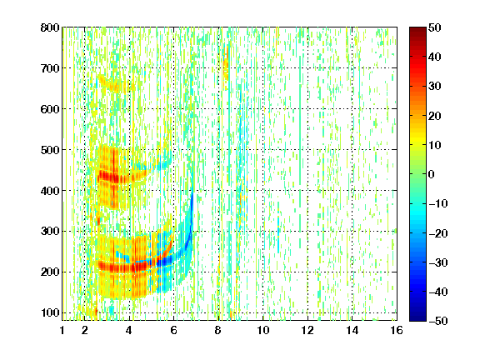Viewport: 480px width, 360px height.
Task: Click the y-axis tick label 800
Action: click(x=50, y=27)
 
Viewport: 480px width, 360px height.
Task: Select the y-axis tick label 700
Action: click(x=50, y=68)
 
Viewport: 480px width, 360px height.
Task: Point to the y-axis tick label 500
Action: click(x=50, y=150)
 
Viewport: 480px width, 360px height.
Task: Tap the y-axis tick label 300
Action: click(x=50, y=231)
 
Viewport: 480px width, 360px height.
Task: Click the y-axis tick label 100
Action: click(x=50, y=312)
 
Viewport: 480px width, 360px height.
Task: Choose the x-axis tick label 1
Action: click(x=62, y=330)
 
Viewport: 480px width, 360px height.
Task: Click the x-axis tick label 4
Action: click(x=129, y=330)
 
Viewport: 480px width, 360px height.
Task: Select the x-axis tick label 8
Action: click(x=218, y=330)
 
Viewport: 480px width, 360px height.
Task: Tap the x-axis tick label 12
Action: click(x=307, y=330)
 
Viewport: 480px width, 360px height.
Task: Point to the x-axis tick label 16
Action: click(x=396, y=330)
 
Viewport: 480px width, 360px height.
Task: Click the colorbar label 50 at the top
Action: click(x=434, y=27)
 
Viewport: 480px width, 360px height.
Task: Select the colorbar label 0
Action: click(x=432, y=174)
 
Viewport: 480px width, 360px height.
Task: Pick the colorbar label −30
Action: click(x=438, y=262)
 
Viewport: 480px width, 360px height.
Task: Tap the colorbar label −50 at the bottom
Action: click(x=438, y=321)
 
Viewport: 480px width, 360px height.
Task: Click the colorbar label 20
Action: click(x=434, y=116)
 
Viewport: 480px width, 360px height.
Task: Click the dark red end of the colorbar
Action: click(x=417, y=30)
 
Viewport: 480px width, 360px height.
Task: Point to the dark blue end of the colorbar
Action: click(x=417, y=318)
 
